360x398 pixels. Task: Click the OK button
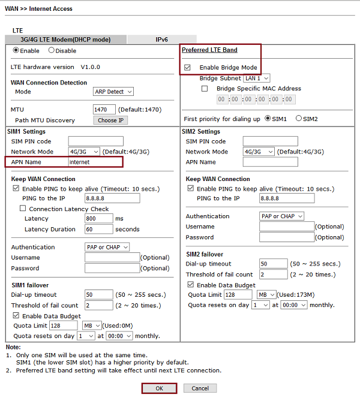click(159, 388)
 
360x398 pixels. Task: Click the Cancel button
click(200, 388)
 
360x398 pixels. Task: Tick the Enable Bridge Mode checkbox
click(188, 68)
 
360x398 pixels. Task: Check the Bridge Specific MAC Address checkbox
click(205, 89)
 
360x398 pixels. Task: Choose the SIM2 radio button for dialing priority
click(299, 119)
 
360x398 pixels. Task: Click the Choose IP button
click(111, 120)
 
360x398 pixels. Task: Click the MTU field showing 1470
click(104, 110)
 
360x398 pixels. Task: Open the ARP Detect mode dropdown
click(113, 92)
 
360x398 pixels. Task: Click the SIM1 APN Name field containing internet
click(95, 162)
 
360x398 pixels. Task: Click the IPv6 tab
click(161, 40)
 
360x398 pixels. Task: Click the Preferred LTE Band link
click(209, 50)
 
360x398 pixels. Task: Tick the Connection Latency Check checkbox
click(23, 209)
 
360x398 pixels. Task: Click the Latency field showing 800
click(98, 219)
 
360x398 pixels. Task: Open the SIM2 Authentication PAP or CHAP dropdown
click(281, 216)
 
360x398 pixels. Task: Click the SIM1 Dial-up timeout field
click(98, 295)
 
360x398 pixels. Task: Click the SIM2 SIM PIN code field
click(270, 141)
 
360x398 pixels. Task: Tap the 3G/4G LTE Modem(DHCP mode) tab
click(65, 40)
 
